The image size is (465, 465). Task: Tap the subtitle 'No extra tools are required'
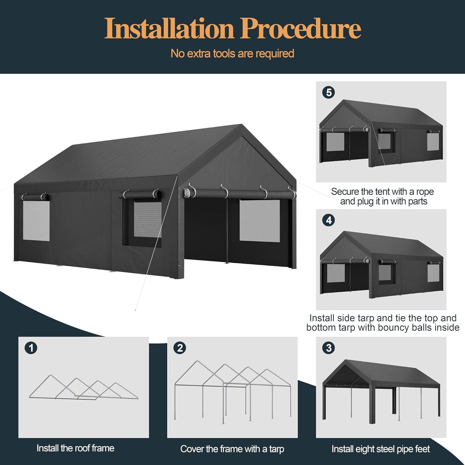click(x=232, y=53)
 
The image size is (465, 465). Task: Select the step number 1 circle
click(x=31, y=348)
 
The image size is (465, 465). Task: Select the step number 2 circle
click(x=180, y=348)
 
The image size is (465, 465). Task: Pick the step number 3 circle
click(x=329, y=348)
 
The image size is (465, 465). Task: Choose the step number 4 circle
click(x=329, y=220)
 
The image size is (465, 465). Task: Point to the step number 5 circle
click(x=329, y=93)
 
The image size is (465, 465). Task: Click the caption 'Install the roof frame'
click(x=75, y=448)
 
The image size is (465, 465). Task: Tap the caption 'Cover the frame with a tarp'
click(x=232, y=449)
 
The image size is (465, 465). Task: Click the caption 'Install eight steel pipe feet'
click(x=381, y=449)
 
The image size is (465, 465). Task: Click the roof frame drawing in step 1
click(x=84, y=388)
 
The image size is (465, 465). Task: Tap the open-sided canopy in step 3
click(x=381, y=386)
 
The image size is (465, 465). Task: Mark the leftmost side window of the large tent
click(x=36, y=221)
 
